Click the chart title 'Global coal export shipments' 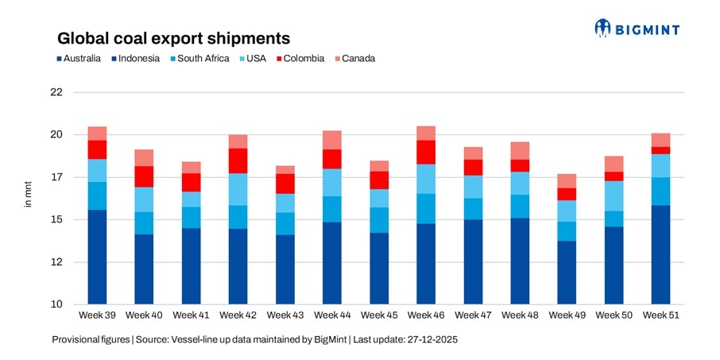point(172,38)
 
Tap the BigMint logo point(637,29)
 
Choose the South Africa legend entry point(203,58)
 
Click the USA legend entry point(254,58)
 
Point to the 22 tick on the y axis point(56,92)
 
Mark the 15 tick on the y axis point(56,220)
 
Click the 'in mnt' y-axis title point(25,199)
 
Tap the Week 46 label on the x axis point(426,315)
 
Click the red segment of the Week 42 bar point(238,161)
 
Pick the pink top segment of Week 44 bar point(332,140)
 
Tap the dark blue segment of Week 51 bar point(660,254)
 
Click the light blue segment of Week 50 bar point(614,195)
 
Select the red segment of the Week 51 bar point(660,150)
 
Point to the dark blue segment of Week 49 point(567,273)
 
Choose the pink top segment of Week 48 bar point(520,151)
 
